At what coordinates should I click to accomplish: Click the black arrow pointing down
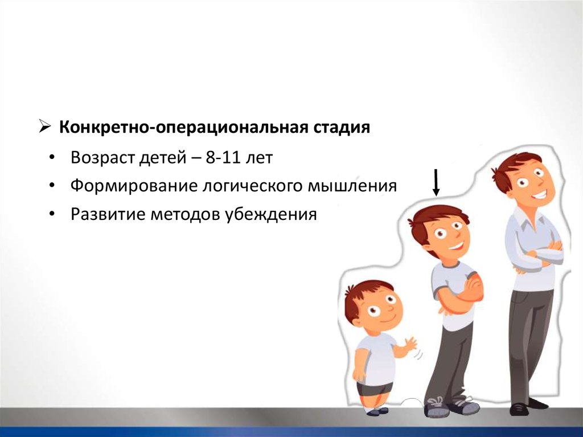(x=437, y=182)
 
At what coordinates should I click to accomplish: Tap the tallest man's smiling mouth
(x=540, y=195)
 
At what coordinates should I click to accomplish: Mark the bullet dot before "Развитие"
(x=52, y=214)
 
